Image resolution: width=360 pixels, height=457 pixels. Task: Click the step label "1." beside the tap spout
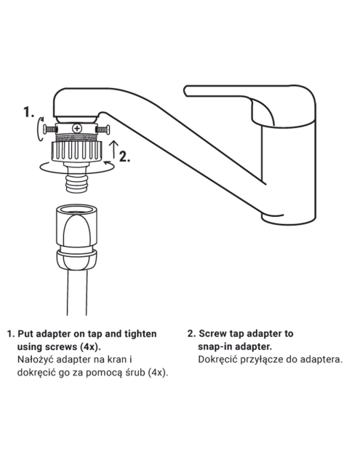pos(29,112)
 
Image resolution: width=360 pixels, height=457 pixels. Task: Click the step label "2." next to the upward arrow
pos(125,156)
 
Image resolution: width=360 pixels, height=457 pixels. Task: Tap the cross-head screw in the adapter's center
pos(77,128)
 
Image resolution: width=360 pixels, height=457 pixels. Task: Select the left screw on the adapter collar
pos(49,129)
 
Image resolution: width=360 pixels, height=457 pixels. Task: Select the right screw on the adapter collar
pos(103,129)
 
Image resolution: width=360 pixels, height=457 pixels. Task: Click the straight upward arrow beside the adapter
pos(114,149)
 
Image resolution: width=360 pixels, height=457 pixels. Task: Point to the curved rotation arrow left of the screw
pos(40,129)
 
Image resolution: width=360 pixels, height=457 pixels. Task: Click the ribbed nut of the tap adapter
pos(76,151)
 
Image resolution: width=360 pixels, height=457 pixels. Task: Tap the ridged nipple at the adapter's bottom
pos(77,183)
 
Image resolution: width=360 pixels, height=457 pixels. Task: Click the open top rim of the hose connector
pos(76,209)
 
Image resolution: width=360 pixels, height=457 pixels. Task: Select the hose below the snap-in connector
pos(76,293)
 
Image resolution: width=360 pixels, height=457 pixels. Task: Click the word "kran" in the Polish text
pos(117,359)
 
